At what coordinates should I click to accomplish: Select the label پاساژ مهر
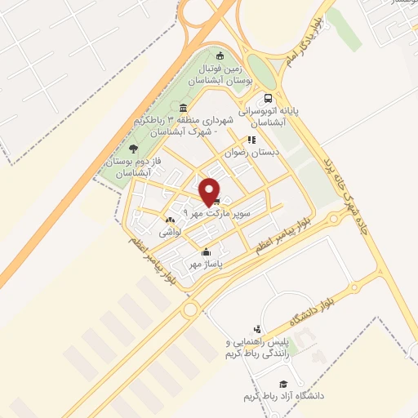(207, 264)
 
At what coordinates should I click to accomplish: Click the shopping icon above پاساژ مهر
(207, 251)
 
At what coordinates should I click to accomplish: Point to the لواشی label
(170, 232)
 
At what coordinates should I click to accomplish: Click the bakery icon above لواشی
(170, 220)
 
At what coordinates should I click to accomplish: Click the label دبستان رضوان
(253, 153)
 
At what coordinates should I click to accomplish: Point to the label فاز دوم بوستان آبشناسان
(134, 168)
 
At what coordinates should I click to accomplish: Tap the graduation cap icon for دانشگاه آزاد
(283, 384)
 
